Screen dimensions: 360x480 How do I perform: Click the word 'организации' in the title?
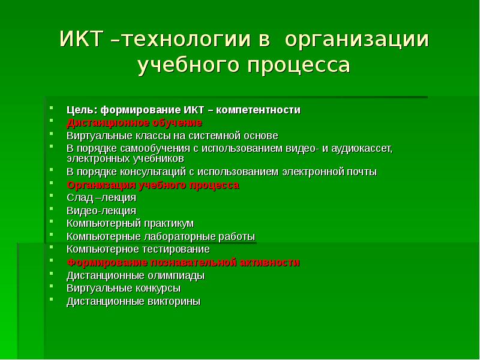pyautogui.click(x=357, y=40)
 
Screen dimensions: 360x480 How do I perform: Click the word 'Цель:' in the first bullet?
pyautogui.click(x=82, y=110)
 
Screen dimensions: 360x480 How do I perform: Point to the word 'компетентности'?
pyautogui.click(x=259, y=110)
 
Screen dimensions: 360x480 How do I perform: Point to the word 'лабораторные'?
pyautogui.click(x=176, y=236)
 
